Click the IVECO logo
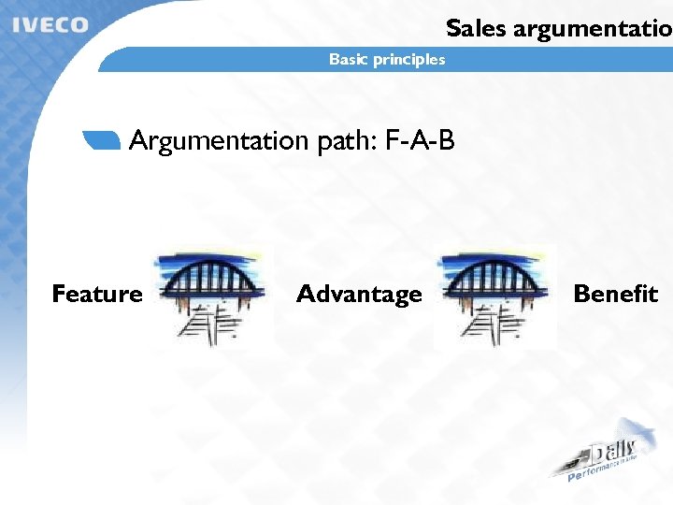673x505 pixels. pos(51,25)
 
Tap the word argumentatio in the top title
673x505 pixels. pos(589,29)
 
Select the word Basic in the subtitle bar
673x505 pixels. pos(348,60)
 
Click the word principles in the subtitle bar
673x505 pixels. pos(408,60)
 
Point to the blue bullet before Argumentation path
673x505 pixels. pos(102,140)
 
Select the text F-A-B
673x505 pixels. pos(420,141)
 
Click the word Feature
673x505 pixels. pos(97,295)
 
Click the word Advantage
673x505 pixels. pos(359,295)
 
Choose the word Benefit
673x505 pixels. pos(615,295)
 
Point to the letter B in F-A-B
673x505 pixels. pos(446,141)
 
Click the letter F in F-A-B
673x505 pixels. pos(393,141)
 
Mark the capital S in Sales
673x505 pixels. pos(454,28)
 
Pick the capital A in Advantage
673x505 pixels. pos(306,295)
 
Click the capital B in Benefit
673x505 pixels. pos(581,295)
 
